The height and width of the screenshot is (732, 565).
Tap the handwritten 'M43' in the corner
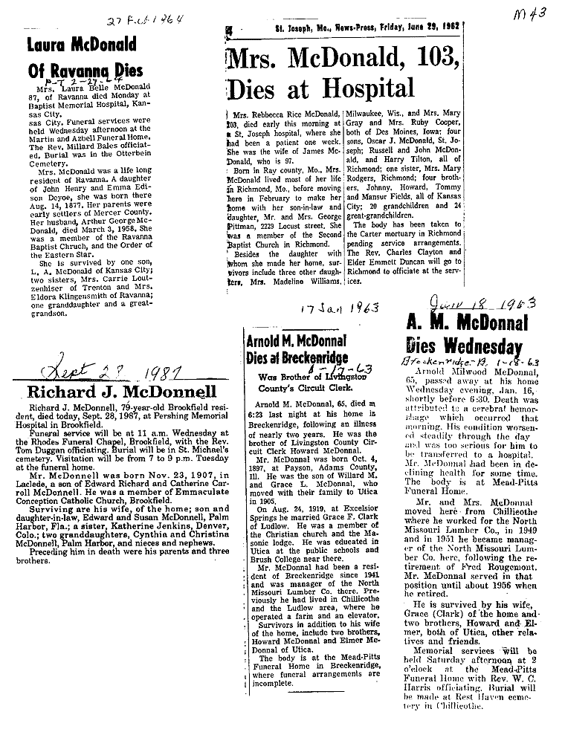coord(528,14)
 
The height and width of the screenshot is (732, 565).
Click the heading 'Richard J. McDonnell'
coord(121,392)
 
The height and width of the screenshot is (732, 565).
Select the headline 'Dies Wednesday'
coord(464,346)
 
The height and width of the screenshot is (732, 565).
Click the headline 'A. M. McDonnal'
coord(468,322)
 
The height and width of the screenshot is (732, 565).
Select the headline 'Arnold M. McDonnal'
coord(296,341)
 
